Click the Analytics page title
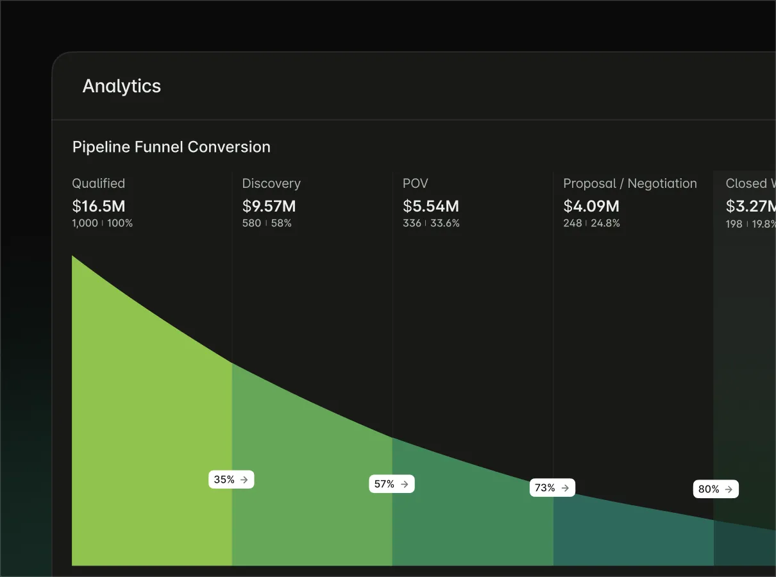click(122, 86)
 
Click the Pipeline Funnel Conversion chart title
click(171, 147)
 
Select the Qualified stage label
click(98, 183)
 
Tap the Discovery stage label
click(271, 183)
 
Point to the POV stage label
click(415, 183)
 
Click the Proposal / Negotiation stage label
click(630, 183)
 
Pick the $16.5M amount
click(99, 206)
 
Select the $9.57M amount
click(269, 206)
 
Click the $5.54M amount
click(431, 206)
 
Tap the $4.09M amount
click(591, 206)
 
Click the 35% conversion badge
click(232, 480)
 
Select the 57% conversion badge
click(392, 484)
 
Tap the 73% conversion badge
click(552, 488)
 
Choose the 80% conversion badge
click(716, 489)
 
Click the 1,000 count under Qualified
click(85, 223)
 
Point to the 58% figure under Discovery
click(282, 223)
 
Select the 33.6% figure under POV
click(445, 223)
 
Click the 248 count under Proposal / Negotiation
click(573, 223)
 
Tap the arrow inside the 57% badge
click(405, 484)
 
